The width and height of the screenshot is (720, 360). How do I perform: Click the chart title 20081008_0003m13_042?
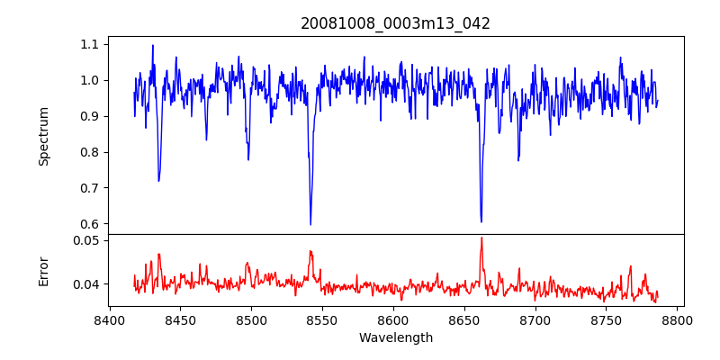click(395, 23)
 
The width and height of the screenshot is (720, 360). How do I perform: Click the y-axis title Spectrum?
click(43, 136)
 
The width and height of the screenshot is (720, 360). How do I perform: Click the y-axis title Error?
click(43, 271)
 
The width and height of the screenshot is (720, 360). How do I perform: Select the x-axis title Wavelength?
click(395, 338)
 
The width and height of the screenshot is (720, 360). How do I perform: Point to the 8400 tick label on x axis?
click(109, 319)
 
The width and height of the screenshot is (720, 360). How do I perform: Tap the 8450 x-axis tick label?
click(180, 319)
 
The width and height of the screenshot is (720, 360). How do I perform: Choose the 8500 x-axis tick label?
click(251, 319)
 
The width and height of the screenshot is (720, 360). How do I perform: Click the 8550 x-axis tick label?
click(322, 319)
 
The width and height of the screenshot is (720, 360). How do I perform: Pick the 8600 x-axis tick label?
click(393, 319)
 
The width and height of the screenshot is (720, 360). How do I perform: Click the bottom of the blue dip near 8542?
click(310, 224)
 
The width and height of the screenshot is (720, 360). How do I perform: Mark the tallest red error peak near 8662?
click(481, 238)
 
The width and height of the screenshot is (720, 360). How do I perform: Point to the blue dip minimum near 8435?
click(158, 181)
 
